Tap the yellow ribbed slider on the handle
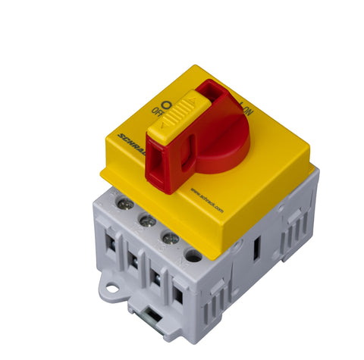[177, 121]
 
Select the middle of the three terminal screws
[148, 221]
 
